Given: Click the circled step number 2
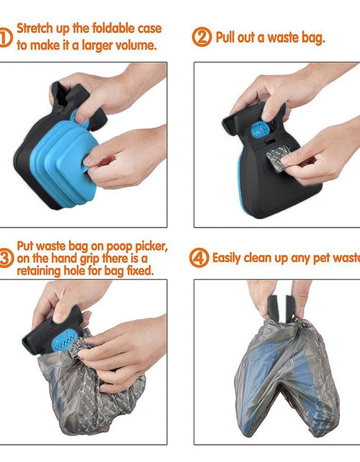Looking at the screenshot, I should click(x=202, y=37).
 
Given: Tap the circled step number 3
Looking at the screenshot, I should click(x=6, y=258).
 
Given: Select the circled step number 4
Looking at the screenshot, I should click(x=199, y=258).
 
